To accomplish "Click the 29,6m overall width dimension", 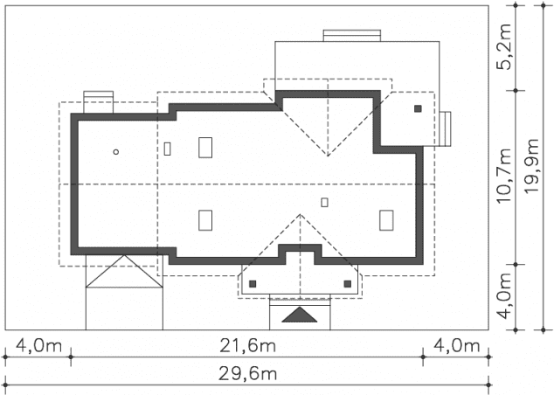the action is click(247, 374).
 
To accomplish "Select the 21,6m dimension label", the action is click(247, 345).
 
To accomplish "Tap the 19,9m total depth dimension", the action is click(531, 166).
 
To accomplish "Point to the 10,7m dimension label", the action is click(504, 176).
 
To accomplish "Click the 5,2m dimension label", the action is click(504, 47).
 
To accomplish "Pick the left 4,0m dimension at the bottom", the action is click(38, 345).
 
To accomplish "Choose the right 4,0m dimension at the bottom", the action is click(456, 345).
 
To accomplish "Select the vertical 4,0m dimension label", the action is click(504, 295).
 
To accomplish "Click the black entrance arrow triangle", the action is click(300, 315).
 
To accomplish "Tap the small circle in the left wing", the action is click(116, 152).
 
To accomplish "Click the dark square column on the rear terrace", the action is click(418, 109).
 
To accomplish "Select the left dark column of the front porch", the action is click(253, 284).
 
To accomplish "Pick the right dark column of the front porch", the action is click(348, 284).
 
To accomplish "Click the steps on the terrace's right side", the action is click(445, 128).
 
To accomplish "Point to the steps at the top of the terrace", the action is click(352, 36).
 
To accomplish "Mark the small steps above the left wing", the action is click(98, 102).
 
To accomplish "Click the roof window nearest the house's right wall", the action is click(386, 220).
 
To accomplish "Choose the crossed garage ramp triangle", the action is click(124, 271).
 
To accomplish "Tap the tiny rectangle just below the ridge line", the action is click(324, 203).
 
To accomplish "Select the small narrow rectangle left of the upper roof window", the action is click(168, 149).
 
